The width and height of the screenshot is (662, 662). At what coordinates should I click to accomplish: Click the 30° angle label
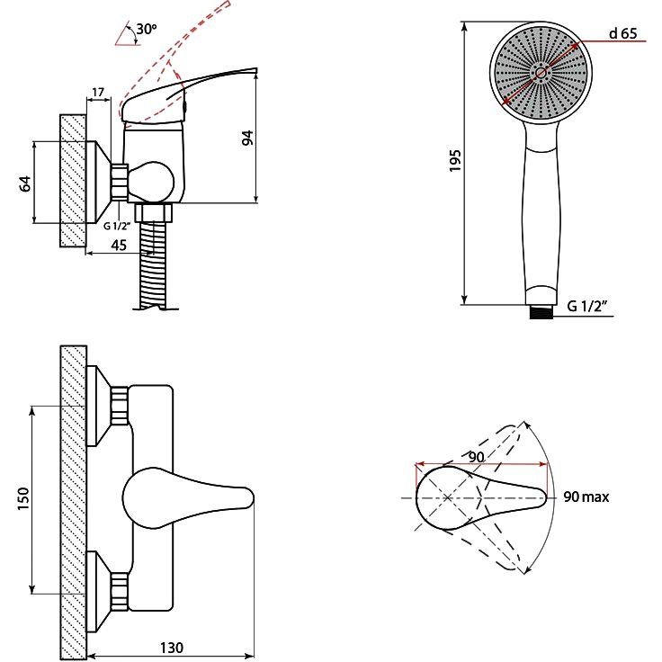tap(144, 31)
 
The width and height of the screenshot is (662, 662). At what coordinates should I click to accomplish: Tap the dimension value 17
tap(98, 92)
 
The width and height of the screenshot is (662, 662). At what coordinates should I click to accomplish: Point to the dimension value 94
tap(248, 138)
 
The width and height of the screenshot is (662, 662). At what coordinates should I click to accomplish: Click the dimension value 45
tap(119, 242)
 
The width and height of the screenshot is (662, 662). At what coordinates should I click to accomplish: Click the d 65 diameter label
tap(622, 34)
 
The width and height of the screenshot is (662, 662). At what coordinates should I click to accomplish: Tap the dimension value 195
tap(455, 161)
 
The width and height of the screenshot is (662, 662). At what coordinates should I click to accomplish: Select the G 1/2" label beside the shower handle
tap(588, 306)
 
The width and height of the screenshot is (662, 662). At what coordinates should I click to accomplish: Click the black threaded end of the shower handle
tap(540, 311)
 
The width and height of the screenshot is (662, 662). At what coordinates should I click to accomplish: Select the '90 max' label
tap(586, 497)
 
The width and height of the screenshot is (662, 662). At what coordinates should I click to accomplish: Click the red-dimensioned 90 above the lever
tap(477, 457)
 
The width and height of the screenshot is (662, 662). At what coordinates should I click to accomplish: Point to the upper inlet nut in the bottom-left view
tap(118, 407)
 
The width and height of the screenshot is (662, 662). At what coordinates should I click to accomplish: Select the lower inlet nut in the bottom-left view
tap(118, 592)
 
